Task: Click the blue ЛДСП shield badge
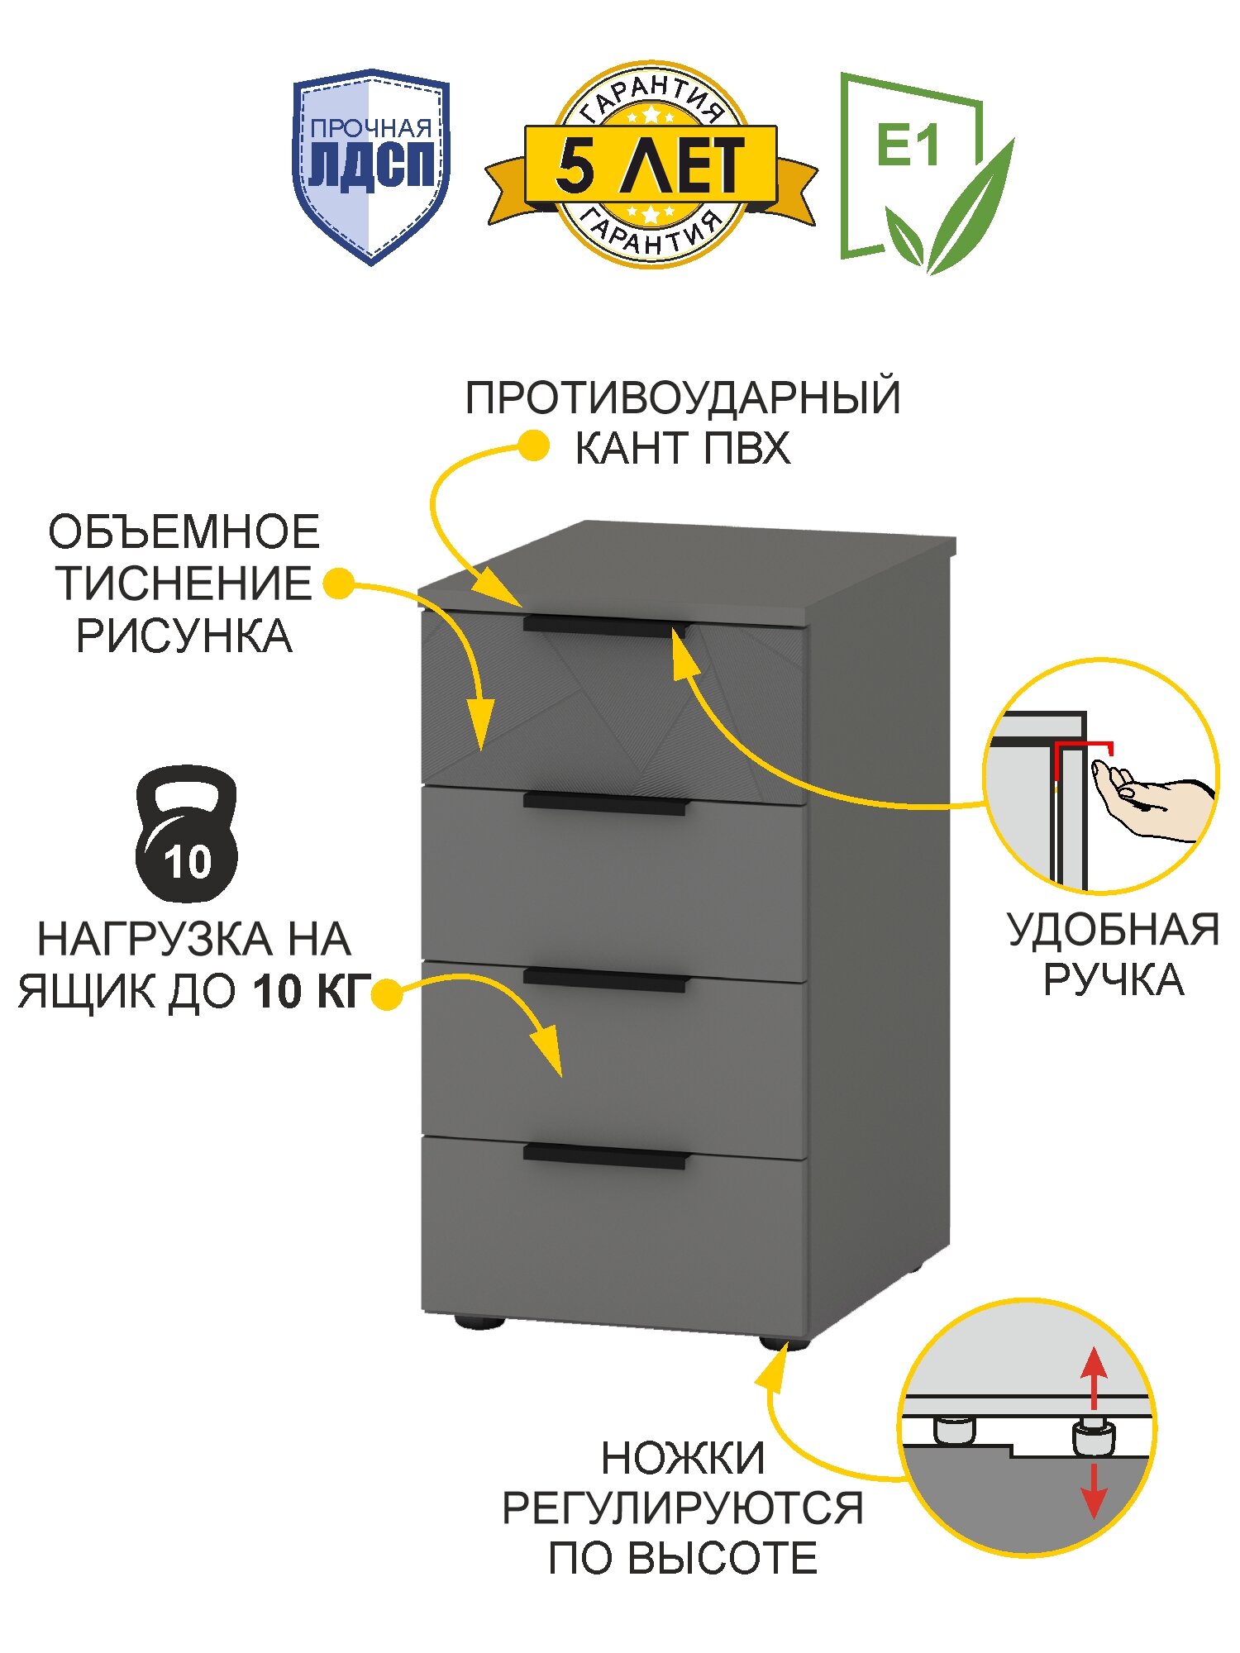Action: tap(371, 165)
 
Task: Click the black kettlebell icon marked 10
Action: tap(187, 835)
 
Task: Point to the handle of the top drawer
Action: tap(604, 626)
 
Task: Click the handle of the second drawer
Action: tap(604, 803)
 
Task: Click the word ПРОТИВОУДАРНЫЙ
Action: tap(682, 398)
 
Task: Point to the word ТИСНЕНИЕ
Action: tap(184, 584)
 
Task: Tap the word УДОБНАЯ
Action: tap(1113, 930)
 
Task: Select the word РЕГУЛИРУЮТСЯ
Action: tap(683, 1508)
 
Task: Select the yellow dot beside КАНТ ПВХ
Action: tap(534, 446)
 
